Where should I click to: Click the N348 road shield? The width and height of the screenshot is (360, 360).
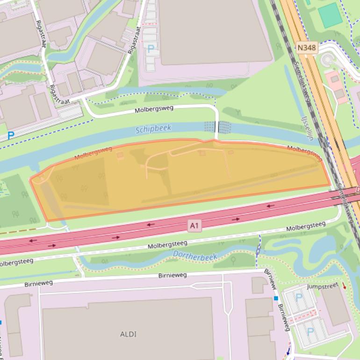(x=307, y=47)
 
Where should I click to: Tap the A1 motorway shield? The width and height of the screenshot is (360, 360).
(x=194, y=226)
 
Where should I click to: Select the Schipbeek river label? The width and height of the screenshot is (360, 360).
(x=153, y=129)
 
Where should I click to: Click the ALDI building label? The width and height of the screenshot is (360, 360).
(x=128, y=334)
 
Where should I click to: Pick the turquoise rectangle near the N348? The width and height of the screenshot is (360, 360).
(x=330, y=15)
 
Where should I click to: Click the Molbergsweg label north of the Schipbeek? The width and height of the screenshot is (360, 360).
(x=154, y=109)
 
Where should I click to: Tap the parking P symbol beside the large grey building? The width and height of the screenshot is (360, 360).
(x=151, y=48)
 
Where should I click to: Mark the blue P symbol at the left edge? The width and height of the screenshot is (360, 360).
(x=10, y=136)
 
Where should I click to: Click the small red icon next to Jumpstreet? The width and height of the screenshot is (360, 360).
(x=345, y=286)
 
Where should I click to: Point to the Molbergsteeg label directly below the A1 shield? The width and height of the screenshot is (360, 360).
(x=167, y=245)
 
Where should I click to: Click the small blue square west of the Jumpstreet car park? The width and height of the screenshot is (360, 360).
(x=276, y=298)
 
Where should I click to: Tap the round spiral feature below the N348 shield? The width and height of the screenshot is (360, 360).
(x=328, y=60)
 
